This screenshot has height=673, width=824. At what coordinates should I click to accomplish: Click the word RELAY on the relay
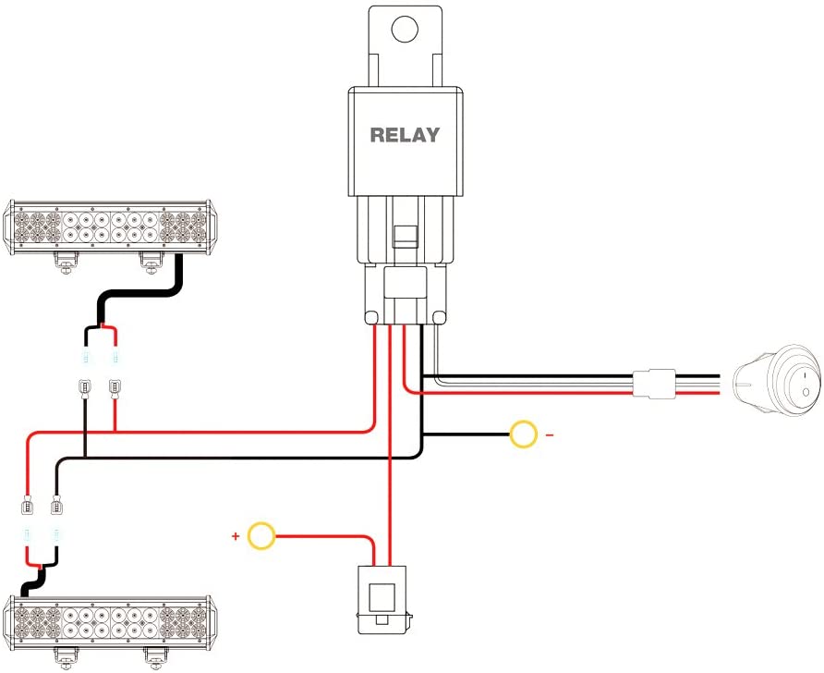tap(405, 135)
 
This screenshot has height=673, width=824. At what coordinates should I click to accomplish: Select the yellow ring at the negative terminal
tap(524, 434)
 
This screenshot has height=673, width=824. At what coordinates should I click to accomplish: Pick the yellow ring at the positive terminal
tap(263, 535)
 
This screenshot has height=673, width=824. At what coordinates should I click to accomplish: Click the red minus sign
tap(549, 434)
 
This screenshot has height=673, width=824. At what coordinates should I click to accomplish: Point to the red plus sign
tap(236, 535)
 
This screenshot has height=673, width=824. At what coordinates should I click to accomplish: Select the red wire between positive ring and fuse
tap(333, 536)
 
